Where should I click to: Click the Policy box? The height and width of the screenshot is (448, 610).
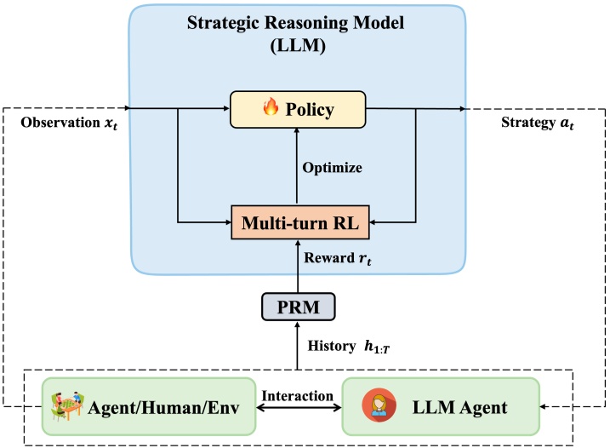(x=298, y=110)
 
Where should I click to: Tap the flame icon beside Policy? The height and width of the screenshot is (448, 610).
(x=271, y=106)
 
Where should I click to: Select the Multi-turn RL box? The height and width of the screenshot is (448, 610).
(x=300, y=222)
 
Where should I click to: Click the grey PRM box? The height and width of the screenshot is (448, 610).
(x=299, y=307)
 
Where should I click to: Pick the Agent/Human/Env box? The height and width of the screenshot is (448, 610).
(x=149, y=406)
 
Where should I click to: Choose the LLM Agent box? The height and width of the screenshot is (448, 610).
(x=441, y=406)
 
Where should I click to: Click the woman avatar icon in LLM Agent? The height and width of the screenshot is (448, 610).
(x=379, y=405)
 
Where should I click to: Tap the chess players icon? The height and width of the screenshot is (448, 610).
(x=67, y=406)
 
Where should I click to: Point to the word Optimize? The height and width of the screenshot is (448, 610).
(x=333, y=168)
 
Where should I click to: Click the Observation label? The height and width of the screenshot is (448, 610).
(x=69, y=123)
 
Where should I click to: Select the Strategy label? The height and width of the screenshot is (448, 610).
(x=537, y=123)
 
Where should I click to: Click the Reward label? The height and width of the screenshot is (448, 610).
(x=337, y=258)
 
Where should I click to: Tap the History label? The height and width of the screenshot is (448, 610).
(x=349, y=347)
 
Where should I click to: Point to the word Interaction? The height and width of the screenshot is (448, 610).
(x=298, y=396)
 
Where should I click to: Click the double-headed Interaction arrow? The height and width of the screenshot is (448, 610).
(x=299, y=408)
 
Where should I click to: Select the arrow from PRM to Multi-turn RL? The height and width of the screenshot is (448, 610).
(x=298, y=266)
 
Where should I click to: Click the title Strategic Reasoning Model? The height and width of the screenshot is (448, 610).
(x=296, y=23)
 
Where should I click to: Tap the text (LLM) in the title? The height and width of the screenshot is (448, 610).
(x=298, y=46)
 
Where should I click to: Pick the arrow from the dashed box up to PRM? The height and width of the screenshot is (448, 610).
(x=298, y=345)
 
